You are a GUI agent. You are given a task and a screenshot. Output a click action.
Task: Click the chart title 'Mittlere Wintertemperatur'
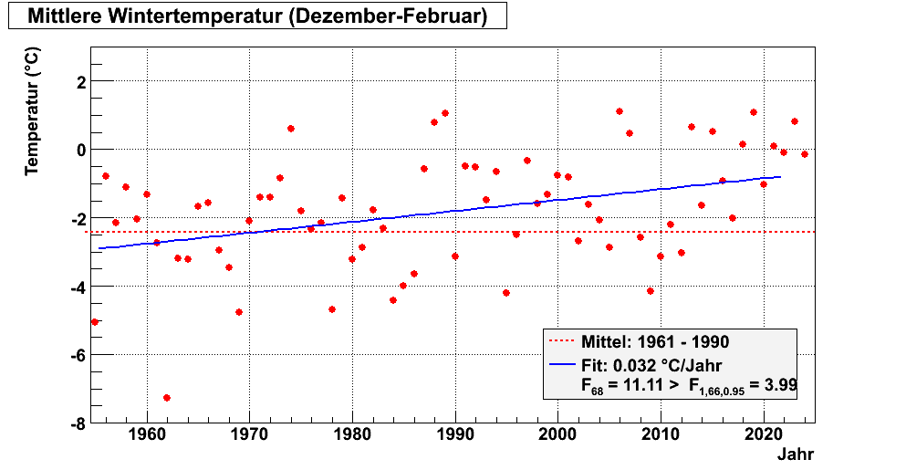click(256, 16)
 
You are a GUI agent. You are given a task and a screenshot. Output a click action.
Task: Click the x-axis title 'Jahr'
click(796, 454)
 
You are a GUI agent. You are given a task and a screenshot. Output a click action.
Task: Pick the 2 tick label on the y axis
click(80, 82)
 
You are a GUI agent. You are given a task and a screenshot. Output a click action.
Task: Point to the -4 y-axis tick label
click(77, 287)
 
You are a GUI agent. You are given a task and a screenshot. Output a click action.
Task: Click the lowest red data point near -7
click(167, 398)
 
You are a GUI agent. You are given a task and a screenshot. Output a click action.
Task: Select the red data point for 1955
click(95, 321)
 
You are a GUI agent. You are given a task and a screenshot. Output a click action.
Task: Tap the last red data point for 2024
click(805, 154)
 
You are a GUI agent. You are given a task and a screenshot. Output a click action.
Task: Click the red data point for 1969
click(239, 312)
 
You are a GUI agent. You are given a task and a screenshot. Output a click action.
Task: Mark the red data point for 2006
click(620, 111)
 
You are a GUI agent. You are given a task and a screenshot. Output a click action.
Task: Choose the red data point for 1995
click(506, 293)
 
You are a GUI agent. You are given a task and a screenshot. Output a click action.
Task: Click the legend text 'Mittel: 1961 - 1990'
click(654, 342)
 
